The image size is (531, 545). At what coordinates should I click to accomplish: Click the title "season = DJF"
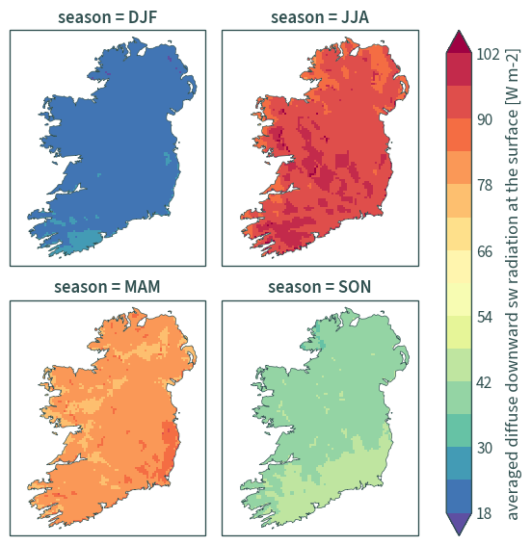click(108, 17)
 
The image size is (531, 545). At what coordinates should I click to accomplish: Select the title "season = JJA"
click(320, 17)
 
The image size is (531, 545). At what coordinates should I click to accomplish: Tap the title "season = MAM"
click(107, 287)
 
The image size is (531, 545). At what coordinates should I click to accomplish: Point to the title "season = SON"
click(319, 287)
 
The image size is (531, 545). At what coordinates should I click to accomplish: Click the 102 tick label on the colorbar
click(488, 54)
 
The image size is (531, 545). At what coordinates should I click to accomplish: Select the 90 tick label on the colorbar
click(485, 119)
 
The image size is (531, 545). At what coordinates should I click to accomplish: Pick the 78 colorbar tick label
click(485, 185)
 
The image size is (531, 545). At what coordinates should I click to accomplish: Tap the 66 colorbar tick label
click(485, 251)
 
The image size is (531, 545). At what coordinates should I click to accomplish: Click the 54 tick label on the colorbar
click(485, 317)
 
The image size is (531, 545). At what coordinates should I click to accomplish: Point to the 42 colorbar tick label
click(485, 382)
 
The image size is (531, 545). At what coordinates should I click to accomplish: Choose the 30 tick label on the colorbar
click(485, 448)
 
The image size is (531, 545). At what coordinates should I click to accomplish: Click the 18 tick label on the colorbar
click(484, 513)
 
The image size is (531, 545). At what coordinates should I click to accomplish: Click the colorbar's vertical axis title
click(513, 284)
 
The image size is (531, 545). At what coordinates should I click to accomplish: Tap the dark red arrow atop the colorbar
click(459, 42)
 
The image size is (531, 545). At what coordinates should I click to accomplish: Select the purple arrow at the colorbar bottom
click(459, 524)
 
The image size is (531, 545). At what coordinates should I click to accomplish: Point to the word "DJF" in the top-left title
click(143, 17)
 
